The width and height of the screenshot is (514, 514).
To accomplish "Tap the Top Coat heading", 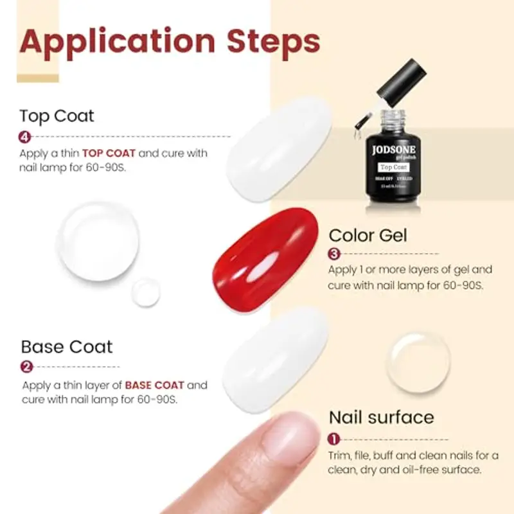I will pyautogui.click(x=57, y=116).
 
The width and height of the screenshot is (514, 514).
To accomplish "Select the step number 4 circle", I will pyautogui.click(x=25, y=136).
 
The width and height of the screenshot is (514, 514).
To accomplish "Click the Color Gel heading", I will pyautogui.click(x=368, y=235).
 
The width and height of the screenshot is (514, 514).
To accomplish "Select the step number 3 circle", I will pyautogui.click(x=334, y=254).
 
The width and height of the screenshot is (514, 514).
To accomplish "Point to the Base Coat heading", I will pyautogui.click(x=66, y=347).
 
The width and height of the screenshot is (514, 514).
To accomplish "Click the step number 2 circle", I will pyautogui.click(x=27, y=367).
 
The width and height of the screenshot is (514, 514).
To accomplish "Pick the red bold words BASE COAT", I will pyautogui.click(x=155, y=385).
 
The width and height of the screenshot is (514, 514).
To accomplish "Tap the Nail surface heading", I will pyautogui.click(x=381, y=418).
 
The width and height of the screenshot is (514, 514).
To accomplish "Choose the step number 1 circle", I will pyautogui.click(x=334, y=439).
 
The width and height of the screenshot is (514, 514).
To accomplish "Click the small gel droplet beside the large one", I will pyautogui.click(x=146, y=292).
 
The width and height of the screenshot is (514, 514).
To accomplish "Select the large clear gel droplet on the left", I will pyautogui.click(x=98, y=242).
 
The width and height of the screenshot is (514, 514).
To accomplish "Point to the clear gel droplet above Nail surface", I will pyautogui.click(x=419, y=362).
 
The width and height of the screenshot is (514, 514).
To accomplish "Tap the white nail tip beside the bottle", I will pyautogui.click(x=280, y=148).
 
